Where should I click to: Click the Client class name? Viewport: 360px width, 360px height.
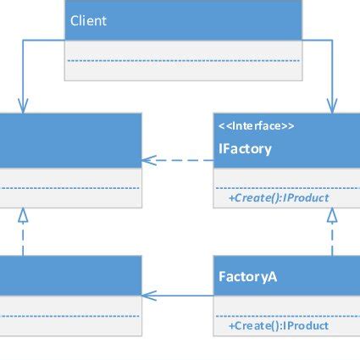click(89, 20)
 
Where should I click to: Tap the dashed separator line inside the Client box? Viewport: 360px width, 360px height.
click(184, 60)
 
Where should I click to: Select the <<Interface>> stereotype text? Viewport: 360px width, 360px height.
click(257, 126)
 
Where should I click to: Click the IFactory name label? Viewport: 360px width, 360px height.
click(245, 149)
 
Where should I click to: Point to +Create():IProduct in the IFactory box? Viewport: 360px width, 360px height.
click(279, 197)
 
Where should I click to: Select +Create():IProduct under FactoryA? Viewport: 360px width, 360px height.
click(279, 325)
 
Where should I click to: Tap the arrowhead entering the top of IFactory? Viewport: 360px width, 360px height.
click(332, 105)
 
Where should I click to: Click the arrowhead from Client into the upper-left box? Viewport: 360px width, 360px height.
click(23, 105)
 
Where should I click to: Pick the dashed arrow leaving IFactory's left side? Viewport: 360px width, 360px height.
click(178, 158)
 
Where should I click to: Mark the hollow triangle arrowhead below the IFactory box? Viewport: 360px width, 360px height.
click(332, 215)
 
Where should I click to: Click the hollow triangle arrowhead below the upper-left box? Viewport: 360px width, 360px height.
click(23, 215)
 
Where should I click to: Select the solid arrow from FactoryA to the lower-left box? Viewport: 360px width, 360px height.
click(178, 295)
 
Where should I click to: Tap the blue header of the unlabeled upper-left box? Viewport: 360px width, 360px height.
click(68, 140)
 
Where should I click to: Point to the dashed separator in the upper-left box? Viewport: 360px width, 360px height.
click(68, 188)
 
